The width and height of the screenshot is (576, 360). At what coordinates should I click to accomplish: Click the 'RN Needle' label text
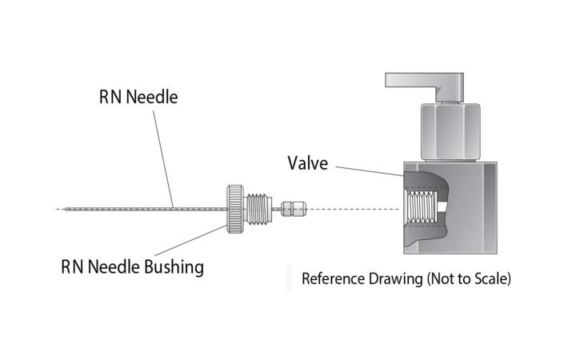(138, 98)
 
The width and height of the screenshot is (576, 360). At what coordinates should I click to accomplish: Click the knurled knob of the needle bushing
(235, 209)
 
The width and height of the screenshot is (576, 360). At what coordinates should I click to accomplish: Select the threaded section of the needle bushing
(258, 209)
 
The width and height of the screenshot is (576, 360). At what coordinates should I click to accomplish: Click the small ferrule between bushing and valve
(294, 210)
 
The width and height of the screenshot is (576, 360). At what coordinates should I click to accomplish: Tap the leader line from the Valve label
(368, 169)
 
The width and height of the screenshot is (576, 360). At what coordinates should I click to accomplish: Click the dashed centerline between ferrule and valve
(352, 210)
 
